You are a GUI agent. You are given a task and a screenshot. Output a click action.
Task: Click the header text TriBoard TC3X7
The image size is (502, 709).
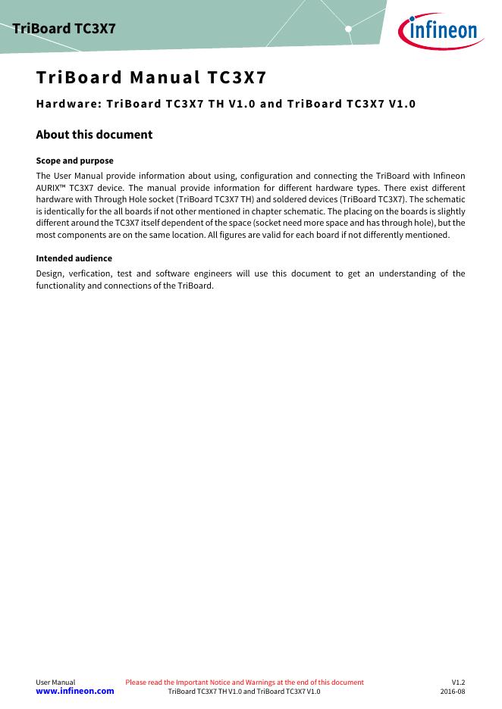tap(64, 29)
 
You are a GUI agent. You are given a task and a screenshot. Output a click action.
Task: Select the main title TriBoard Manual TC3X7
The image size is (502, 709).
tap(151, 77)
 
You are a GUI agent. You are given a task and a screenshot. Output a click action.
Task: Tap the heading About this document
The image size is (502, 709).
tap(94, 134)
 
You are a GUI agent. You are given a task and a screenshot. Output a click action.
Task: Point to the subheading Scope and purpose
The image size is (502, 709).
tap(75, 161)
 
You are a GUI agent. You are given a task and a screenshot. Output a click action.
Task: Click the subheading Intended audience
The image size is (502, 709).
tap(74, 258)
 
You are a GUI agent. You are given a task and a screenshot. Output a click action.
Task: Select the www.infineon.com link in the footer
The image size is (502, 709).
tap(75, 691)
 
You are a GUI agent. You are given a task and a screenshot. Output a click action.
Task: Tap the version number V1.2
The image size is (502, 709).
tap(458, 682)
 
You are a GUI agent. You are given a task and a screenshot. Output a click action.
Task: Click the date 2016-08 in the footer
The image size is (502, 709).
tap(453, 692)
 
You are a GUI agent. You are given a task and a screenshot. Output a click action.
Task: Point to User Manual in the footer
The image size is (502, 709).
tap(55, 682)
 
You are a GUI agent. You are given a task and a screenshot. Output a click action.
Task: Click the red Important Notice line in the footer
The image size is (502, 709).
tap(244, 682)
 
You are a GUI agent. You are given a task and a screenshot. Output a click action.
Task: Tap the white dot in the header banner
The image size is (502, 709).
tap(348, 29)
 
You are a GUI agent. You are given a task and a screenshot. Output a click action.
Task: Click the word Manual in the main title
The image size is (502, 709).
tap(165, 77)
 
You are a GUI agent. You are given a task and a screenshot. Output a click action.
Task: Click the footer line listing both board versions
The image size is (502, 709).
tap(243, 692)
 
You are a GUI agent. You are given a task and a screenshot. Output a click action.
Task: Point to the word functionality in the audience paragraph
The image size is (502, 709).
tap(62, 286)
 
